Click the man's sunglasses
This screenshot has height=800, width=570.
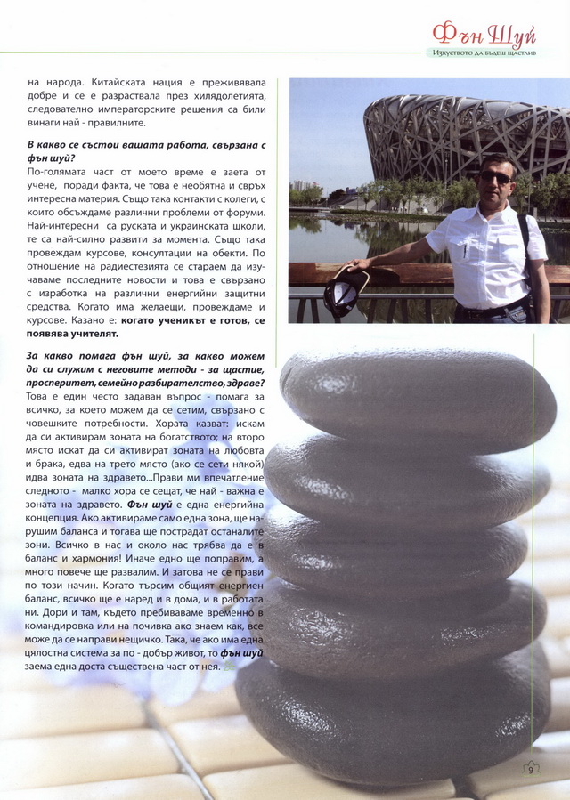click(495, 177)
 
